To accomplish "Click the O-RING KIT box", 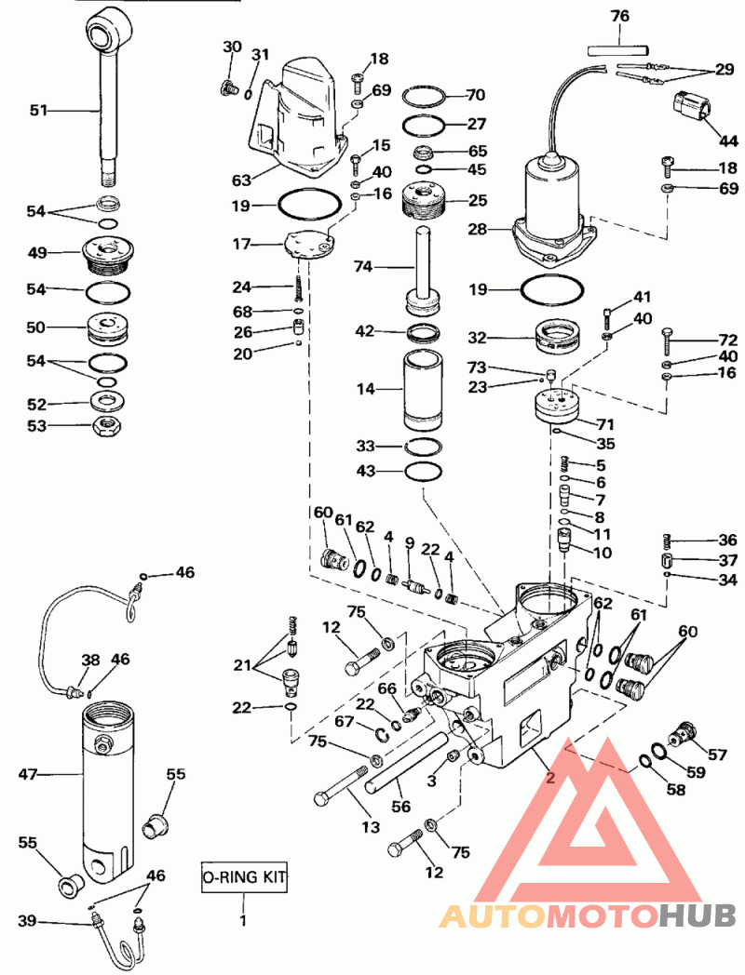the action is (244, 876).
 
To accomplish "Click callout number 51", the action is (38, 111).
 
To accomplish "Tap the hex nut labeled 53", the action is (106, 426).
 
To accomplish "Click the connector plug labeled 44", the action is (689, 107).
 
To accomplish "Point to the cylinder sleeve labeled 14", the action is (424, 390).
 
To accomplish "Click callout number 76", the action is (620, 16).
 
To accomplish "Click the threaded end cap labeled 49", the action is (107, 254).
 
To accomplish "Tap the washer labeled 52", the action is (106, 401).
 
